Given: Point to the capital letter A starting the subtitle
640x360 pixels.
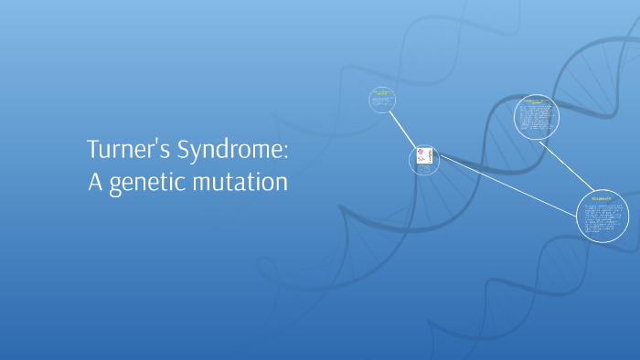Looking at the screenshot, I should click(x=94, y=183).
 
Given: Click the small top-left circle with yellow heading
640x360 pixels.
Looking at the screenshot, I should click(x=382, y=100).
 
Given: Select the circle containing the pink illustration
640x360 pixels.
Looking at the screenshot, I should click(x=423, y=160).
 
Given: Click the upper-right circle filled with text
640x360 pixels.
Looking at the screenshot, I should click(x=536, y=117).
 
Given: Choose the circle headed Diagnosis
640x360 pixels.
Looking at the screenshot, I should click(x=603, y=216).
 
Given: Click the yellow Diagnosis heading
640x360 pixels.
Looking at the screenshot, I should click(x=603, y=196).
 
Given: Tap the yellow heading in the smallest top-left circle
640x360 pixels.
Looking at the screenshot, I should click(x=382, y=93).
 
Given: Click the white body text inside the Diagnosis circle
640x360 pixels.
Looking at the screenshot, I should click(x=603, y=219).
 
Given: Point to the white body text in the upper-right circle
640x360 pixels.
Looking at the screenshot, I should click(x=536, y=121).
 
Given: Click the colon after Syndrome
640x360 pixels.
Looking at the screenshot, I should click(x=285, y=153).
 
